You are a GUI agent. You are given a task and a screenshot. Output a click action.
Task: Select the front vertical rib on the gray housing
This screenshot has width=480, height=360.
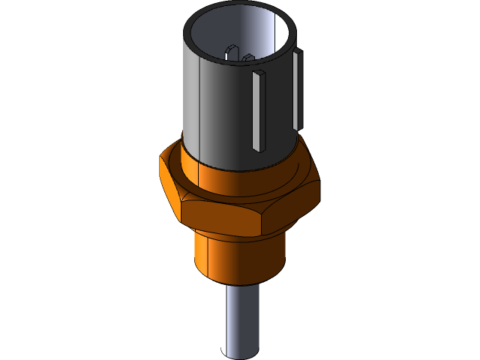(x=259, y=112)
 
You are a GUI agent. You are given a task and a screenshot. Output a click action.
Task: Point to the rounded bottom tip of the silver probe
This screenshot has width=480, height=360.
(x=240, y=353)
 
